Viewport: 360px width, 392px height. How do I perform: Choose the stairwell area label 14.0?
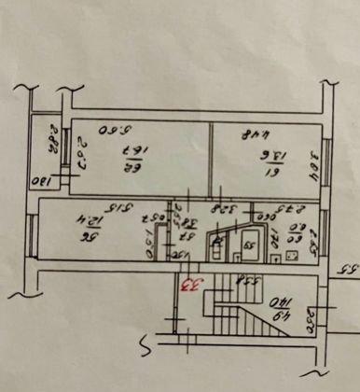coord(279,309)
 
